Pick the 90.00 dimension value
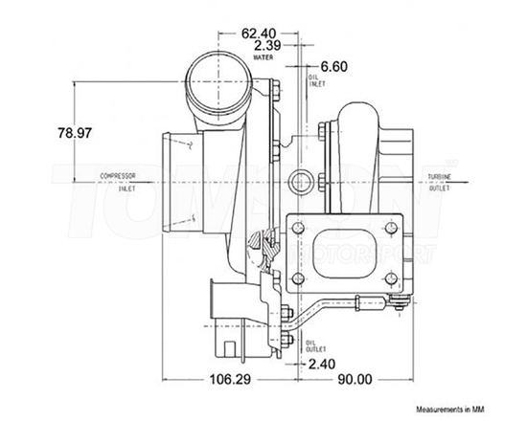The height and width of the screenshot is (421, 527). pyautogui.click(x=353, y=380)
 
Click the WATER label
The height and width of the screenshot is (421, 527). pyautogui.click(x=264, y=58)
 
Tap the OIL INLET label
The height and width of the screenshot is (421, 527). pyautogui.click(x=312, y=79)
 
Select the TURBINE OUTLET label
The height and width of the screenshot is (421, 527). pyautogui.click(x=438, y=182)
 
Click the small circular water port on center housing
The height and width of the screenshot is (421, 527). pyautogui.click(x=300, y=179)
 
